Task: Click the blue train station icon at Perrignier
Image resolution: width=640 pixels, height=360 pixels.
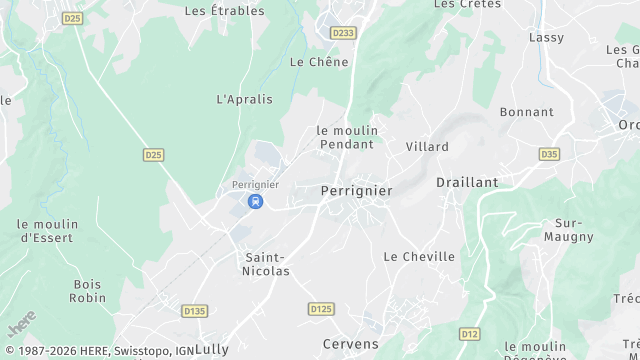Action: pos(256,201)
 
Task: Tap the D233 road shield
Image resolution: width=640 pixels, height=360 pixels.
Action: pos(343,33)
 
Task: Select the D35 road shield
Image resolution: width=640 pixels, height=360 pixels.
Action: pos(549,154)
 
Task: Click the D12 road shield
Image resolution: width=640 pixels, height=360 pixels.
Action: pos(469,333)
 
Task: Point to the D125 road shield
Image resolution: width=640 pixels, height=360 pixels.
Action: pos(321,309)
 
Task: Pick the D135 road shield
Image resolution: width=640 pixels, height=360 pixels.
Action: pos(194,311)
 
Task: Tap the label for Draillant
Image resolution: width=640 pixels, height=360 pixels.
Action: pos(466,183)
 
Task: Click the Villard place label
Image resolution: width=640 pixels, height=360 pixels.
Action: pos(427,146)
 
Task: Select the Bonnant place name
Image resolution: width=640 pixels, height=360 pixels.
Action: pos(526,112)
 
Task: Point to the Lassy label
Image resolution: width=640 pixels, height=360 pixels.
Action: pos(546,37)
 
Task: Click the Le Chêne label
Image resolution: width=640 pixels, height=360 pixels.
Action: pos(319,62)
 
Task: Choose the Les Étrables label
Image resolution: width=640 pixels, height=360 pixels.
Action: pos(225,11)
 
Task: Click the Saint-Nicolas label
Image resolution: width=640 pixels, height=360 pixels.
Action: pos(267,264)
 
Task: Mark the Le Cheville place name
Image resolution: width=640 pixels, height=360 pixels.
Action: pos(419,257)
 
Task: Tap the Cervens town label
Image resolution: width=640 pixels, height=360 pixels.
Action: pos(350,344)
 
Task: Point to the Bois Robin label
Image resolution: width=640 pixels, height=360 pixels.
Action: pos(88,291)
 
